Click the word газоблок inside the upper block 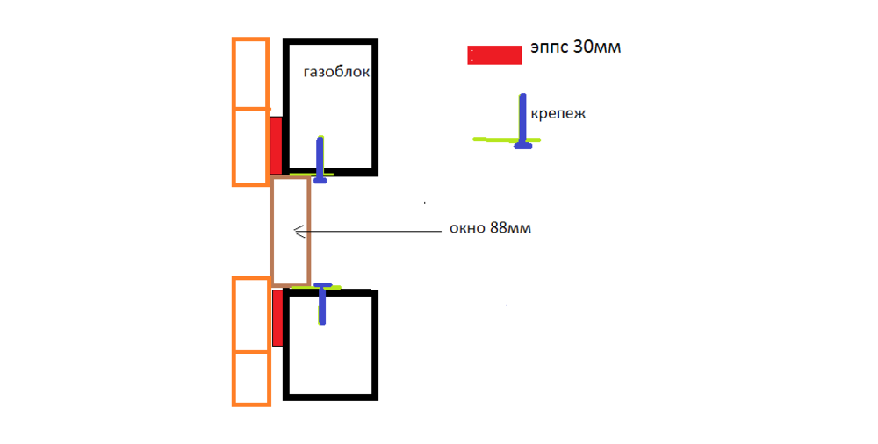pos(335,74)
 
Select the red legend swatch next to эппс pos(494,54)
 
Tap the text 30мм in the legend pos(596,47)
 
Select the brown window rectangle pos(290,231)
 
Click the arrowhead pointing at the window pos(298,232)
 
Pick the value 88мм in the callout pos(511,230)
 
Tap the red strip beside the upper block pos(276,145)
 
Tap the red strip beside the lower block pos(277,317)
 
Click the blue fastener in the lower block pos(323,303)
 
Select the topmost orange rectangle pos(250,74)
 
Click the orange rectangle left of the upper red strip pos(250,147)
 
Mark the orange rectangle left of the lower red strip pos(250,314)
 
